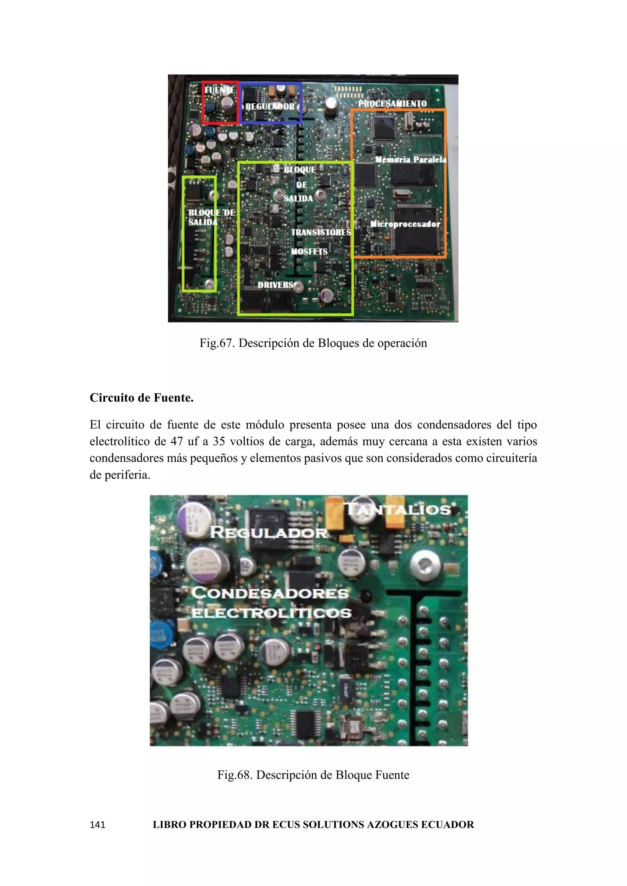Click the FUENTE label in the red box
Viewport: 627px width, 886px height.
219,90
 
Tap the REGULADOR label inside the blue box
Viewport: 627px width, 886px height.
270,106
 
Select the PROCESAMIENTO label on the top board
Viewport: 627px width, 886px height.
392,103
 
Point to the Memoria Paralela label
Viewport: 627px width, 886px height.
411,159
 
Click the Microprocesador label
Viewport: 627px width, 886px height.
405,224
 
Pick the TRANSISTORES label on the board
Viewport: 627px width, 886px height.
321,232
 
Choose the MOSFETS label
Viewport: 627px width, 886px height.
309,251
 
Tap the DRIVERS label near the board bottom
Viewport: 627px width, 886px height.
275,285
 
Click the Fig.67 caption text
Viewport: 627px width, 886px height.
313,343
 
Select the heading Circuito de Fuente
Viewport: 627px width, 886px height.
141,398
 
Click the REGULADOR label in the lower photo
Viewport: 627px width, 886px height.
269,533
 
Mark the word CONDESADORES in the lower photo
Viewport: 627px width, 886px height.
270,593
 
